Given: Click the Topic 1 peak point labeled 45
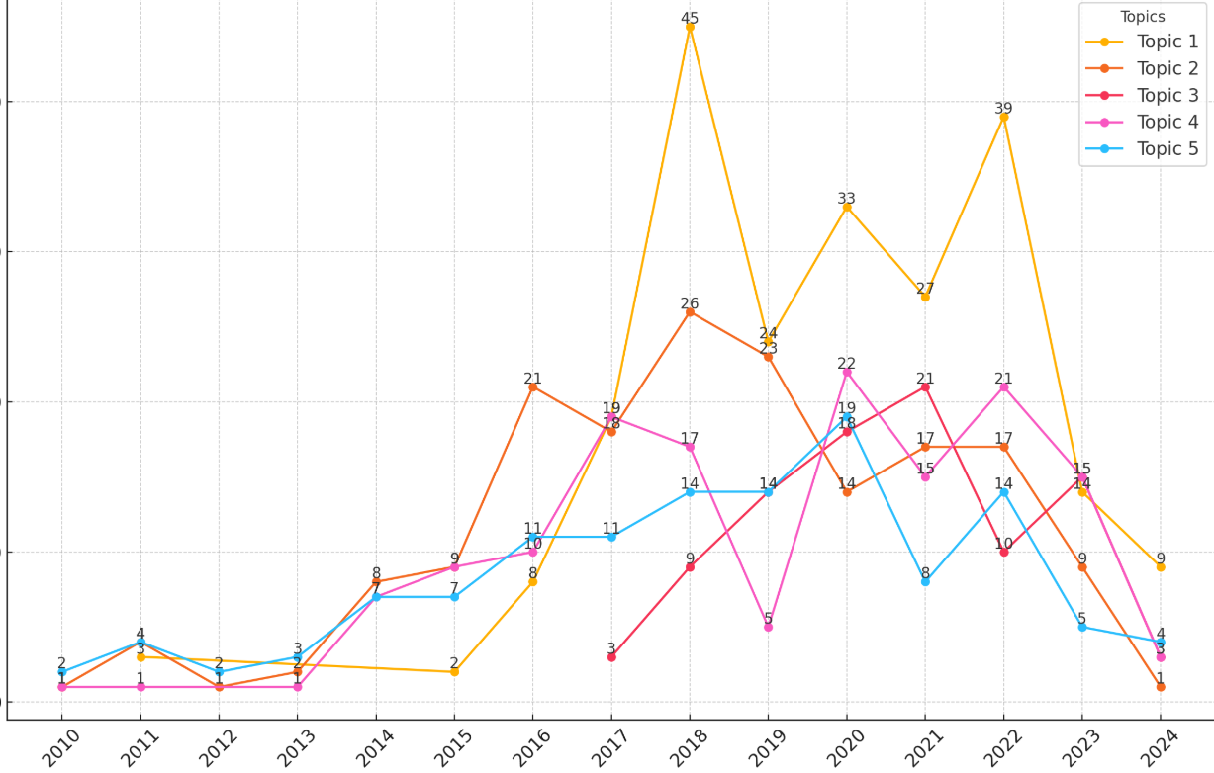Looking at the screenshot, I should click(x=690, y=28).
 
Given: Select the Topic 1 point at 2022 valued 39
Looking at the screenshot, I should click(x=1003, y=118).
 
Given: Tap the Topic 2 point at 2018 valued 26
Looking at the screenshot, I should click(x=690, y=312).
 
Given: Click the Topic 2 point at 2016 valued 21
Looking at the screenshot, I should click(x=533, y=387).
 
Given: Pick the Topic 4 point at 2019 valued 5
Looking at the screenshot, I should click(x=768, y=627).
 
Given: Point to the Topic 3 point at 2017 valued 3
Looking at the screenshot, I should click(x=611, y=657).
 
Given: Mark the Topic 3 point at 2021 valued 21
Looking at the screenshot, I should click(x=925, y=387).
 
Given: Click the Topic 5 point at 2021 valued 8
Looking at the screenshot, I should click(x=925, y=582).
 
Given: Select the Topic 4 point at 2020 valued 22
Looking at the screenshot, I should click(x=847, y=373).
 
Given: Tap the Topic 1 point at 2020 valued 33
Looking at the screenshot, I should click(x=847, y=208).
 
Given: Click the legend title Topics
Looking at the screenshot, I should click(x=1142, y=17).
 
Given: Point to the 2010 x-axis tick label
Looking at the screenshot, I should click(x=60, y=747).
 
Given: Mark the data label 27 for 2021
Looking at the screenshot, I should click(x=925, y=289).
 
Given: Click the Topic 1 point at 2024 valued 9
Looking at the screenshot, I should click(x=1161, y=567).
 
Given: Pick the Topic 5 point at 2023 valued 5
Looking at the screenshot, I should click(x=1082, y=627).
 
